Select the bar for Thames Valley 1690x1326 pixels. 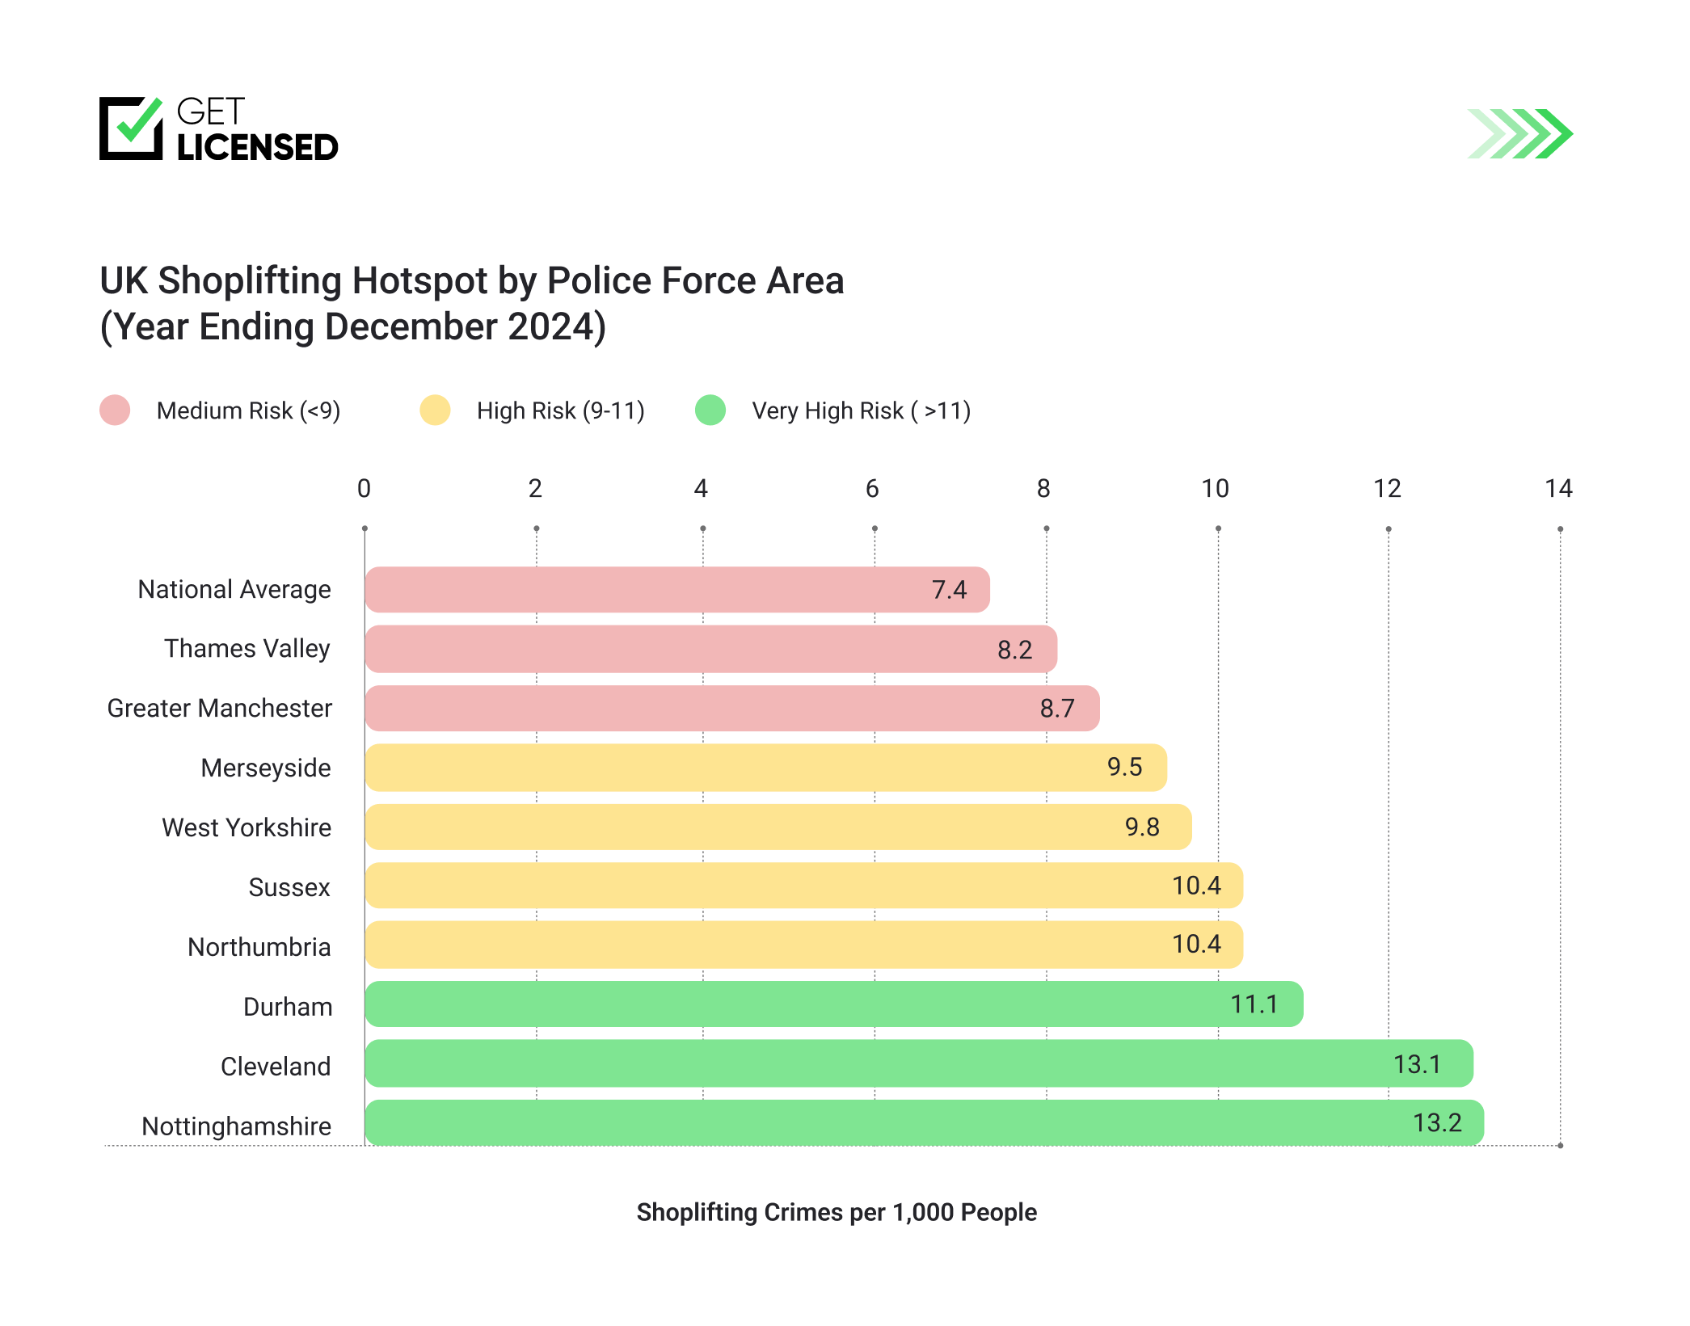(x=710, y=649)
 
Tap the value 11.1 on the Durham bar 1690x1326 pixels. (x=1254, y=1004)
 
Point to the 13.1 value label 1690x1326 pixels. (x=1417, y=1064)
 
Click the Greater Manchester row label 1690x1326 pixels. (x=219, y=708)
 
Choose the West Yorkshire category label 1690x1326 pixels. (x=247, y=827)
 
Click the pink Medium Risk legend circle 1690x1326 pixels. (x=115, y=410)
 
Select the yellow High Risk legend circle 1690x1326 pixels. (x=435, y=410)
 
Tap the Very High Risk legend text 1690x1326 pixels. (x=861, y=410)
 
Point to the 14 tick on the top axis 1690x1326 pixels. (x=1558, y=488)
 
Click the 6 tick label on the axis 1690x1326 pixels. (x=872, y=488)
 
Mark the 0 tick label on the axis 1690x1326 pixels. (x=364, y=488)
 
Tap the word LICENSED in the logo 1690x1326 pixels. (x=257, y=147)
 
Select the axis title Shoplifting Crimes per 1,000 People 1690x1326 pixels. (x=837, y=1212)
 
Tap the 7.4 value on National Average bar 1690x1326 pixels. (x=949, y=590)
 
